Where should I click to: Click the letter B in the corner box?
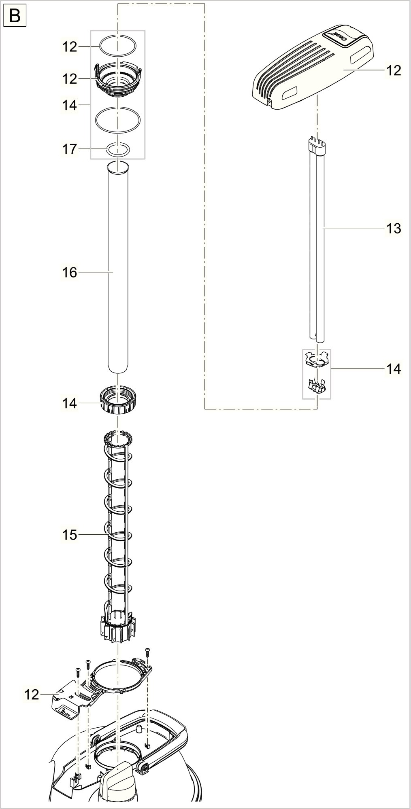(15, 16)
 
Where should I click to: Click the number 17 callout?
(69, 149)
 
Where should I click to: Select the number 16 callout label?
(69, 273)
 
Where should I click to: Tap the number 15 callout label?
(69, 535)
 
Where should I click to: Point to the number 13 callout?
(393, 229)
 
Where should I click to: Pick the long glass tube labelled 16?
(117, 267)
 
